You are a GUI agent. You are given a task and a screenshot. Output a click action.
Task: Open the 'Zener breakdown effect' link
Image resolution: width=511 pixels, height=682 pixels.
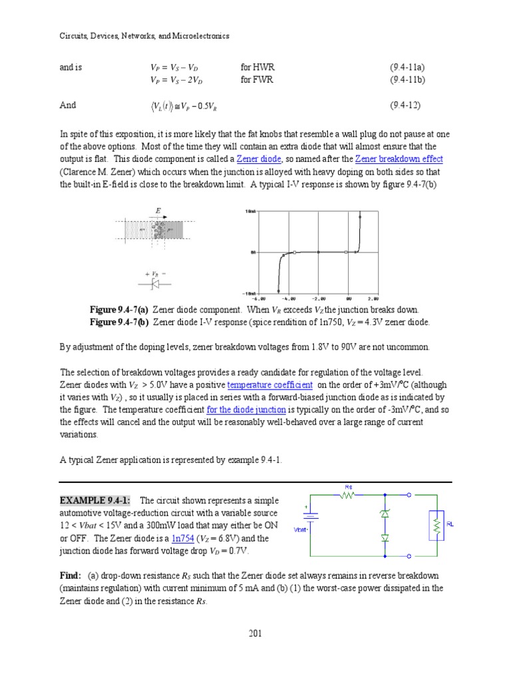[x=399, y=159]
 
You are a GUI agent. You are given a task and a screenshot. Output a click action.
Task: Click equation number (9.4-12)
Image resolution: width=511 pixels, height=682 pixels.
[x=405, y=105]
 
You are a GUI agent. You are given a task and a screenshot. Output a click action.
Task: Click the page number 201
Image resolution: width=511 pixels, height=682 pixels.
[x=255, y=633]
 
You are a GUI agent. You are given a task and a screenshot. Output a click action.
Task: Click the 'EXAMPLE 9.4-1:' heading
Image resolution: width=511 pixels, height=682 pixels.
[x=95, y=500]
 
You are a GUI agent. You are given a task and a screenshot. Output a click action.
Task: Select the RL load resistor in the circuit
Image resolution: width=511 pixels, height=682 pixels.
[x=435, y=525]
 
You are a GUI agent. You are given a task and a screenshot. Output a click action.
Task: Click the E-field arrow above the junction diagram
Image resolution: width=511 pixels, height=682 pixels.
[x=158, y=215]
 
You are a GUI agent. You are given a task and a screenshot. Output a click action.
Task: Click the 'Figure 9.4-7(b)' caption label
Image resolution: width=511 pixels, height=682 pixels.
[x=120, y=322]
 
